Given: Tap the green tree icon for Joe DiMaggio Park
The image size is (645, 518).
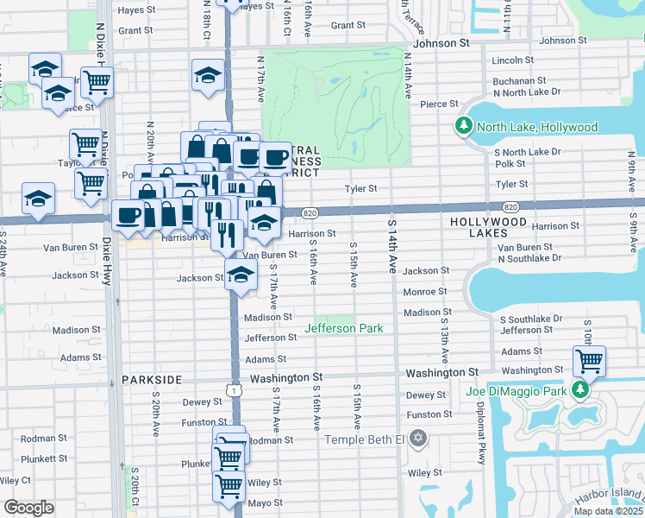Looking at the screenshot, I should click(582, 391).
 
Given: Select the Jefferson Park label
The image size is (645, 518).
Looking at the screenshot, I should click(343, 328).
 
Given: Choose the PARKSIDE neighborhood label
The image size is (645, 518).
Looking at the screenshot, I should click(152, 380).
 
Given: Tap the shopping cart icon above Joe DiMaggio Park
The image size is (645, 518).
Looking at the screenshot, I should click(589, 359).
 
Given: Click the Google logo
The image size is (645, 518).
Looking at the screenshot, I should click(28, 508).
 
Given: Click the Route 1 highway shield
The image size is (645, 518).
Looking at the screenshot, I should click(234, 391).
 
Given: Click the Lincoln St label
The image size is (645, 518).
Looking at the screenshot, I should click(512, 60).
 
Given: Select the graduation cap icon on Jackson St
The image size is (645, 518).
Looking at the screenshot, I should click(241, 276).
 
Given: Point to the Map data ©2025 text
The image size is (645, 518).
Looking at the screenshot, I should click(609, 511).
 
